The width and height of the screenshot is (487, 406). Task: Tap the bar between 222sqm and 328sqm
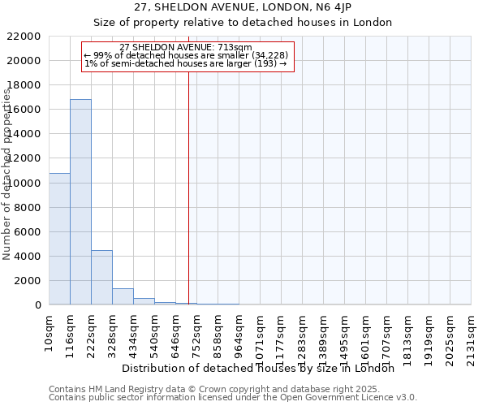101,277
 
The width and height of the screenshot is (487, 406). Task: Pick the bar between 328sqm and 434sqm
123,296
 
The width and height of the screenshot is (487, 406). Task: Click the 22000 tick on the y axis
25,37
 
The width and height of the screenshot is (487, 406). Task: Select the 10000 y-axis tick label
25,184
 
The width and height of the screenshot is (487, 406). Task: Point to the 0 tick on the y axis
37,305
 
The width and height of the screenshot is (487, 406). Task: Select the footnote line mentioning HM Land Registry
213,389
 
